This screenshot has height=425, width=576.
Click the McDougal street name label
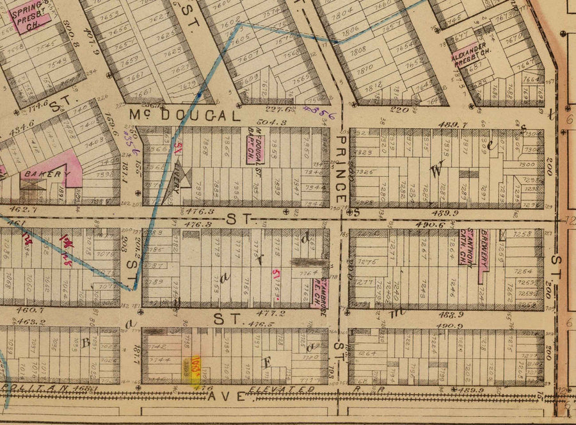point(185,115)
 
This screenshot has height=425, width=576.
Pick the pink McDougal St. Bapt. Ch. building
point(257,144)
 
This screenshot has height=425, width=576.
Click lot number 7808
point(357,48)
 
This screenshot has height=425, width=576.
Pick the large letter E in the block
point(268,362)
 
